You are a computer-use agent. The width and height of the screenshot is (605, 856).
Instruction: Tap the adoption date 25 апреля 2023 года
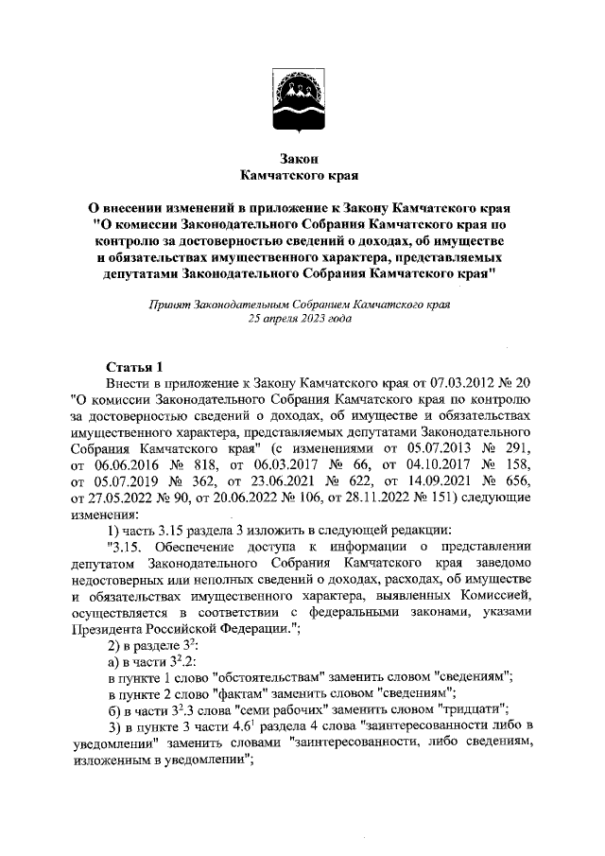pos(300,320)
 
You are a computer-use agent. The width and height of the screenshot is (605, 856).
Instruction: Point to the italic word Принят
pos(168,305)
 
